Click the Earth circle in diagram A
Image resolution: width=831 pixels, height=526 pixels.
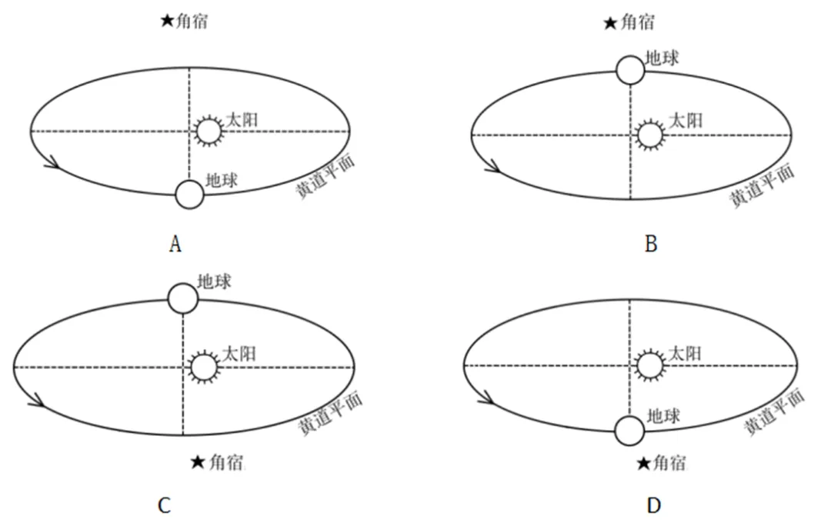[189, 195]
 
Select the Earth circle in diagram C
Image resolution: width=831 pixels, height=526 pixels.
[183, 298]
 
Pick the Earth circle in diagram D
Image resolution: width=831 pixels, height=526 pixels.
[629, 430]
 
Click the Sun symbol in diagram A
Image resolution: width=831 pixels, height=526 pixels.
[208, 131]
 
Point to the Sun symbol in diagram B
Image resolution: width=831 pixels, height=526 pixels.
[650, 135]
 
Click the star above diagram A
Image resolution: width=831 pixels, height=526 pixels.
[166, 22]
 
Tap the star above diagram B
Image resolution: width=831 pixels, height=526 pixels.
[609, 24]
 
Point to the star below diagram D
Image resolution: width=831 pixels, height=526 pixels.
[644, 463]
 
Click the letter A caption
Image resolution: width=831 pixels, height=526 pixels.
[175, 245]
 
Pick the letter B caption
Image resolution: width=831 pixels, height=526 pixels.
[651, 245]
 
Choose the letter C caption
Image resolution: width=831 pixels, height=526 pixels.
[164, 505]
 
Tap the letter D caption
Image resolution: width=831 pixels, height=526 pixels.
[653, 505]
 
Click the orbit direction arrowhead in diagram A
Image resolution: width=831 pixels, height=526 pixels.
[52, 162]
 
